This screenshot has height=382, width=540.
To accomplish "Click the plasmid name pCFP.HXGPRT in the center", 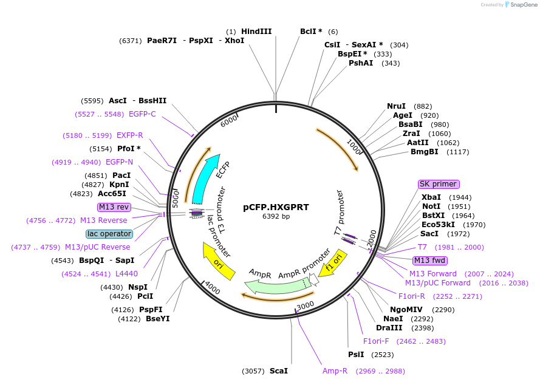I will [276, 207].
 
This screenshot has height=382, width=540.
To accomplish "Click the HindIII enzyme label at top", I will [256, 32].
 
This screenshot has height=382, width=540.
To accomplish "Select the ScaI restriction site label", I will [278, 370].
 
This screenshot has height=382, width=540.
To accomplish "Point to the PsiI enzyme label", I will [356, 355].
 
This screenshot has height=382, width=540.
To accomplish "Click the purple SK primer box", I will [438, 184].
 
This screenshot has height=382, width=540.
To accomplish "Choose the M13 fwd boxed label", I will [429, 261].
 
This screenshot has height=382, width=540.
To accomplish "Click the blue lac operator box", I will [109, 234].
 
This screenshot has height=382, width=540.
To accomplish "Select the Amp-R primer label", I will [335, 370].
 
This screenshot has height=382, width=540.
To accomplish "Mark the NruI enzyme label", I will [397, 106].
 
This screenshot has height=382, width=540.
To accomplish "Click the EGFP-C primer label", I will [142, 114].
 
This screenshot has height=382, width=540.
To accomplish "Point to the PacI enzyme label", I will [121, 176].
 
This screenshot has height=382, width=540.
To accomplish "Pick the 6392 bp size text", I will [276, 216].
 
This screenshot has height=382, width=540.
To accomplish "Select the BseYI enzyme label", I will [157, 318].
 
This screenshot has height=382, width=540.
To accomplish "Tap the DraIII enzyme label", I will [390, 328].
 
